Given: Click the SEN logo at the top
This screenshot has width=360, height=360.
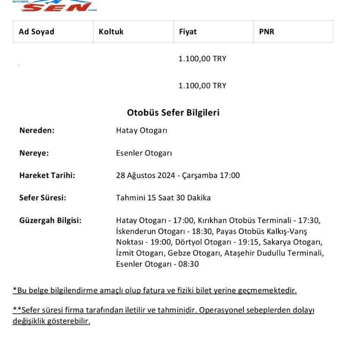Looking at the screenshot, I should pyautogui.click(x=55, y=6).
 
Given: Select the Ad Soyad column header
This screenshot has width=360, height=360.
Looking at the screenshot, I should pyautogui.click(x=37, y=32).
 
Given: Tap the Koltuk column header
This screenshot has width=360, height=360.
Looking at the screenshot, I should pyautogui.click(x=111, y=32).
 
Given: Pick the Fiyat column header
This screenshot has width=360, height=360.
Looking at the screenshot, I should pyautogui.click(x=187, y=32).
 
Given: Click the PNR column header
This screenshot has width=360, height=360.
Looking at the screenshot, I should pyautogui.click(x=267, y=32).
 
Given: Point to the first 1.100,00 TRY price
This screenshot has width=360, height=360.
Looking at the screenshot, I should pyautogui.click(x=202, y=59).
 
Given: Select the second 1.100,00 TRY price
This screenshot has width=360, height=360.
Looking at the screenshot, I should pyautogui.click(x=202, y=86).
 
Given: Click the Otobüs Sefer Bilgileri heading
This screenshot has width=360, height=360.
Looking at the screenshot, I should pyautogui.click(x=173, y=112).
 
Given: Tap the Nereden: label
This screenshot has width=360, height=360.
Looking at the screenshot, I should pyautogui.click(x=37, y=130).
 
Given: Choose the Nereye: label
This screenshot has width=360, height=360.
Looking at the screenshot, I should pyautogui.click(x=34, y=153).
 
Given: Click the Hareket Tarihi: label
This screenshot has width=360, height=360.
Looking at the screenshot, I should pyautogui.click(x=47, y=175).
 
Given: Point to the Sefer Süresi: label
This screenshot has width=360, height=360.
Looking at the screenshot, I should pyautogui.click(x=43, y=198).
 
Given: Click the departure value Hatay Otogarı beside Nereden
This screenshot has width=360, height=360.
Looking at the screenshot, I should pyautogui.click(x=142, y=130).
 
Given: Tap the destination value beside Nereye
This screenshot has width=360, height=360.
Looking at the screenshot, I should pyautogui.click(x=144, y=153).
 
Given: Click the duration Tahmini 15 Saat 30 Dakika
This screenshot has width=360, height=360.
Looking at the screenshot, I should pyautogui.click(x=163, y=198).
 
